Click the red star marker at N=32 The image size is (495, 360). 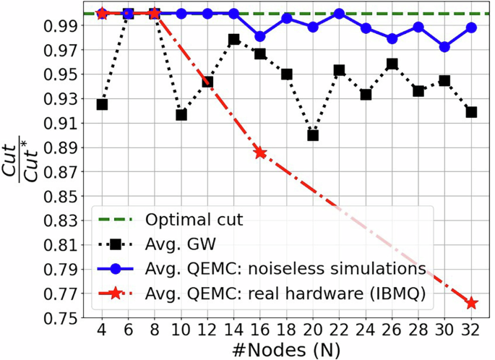[x=471, y=303]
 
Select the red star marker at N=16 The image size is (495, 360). [x=260, y=153]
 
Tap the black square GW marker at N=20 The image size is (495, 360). [x=313, y=135]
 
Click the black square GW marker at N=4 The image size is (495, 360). [x=102, y=105]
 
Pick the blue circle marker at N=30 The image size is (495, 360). [x=445, y=47]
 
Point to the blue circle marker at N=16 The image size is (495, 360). [x=260, y=37]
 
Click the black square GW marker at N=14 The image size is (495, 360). [x=233, y=40]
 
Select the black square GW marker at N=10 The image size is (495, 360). [x=181, y=115]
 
